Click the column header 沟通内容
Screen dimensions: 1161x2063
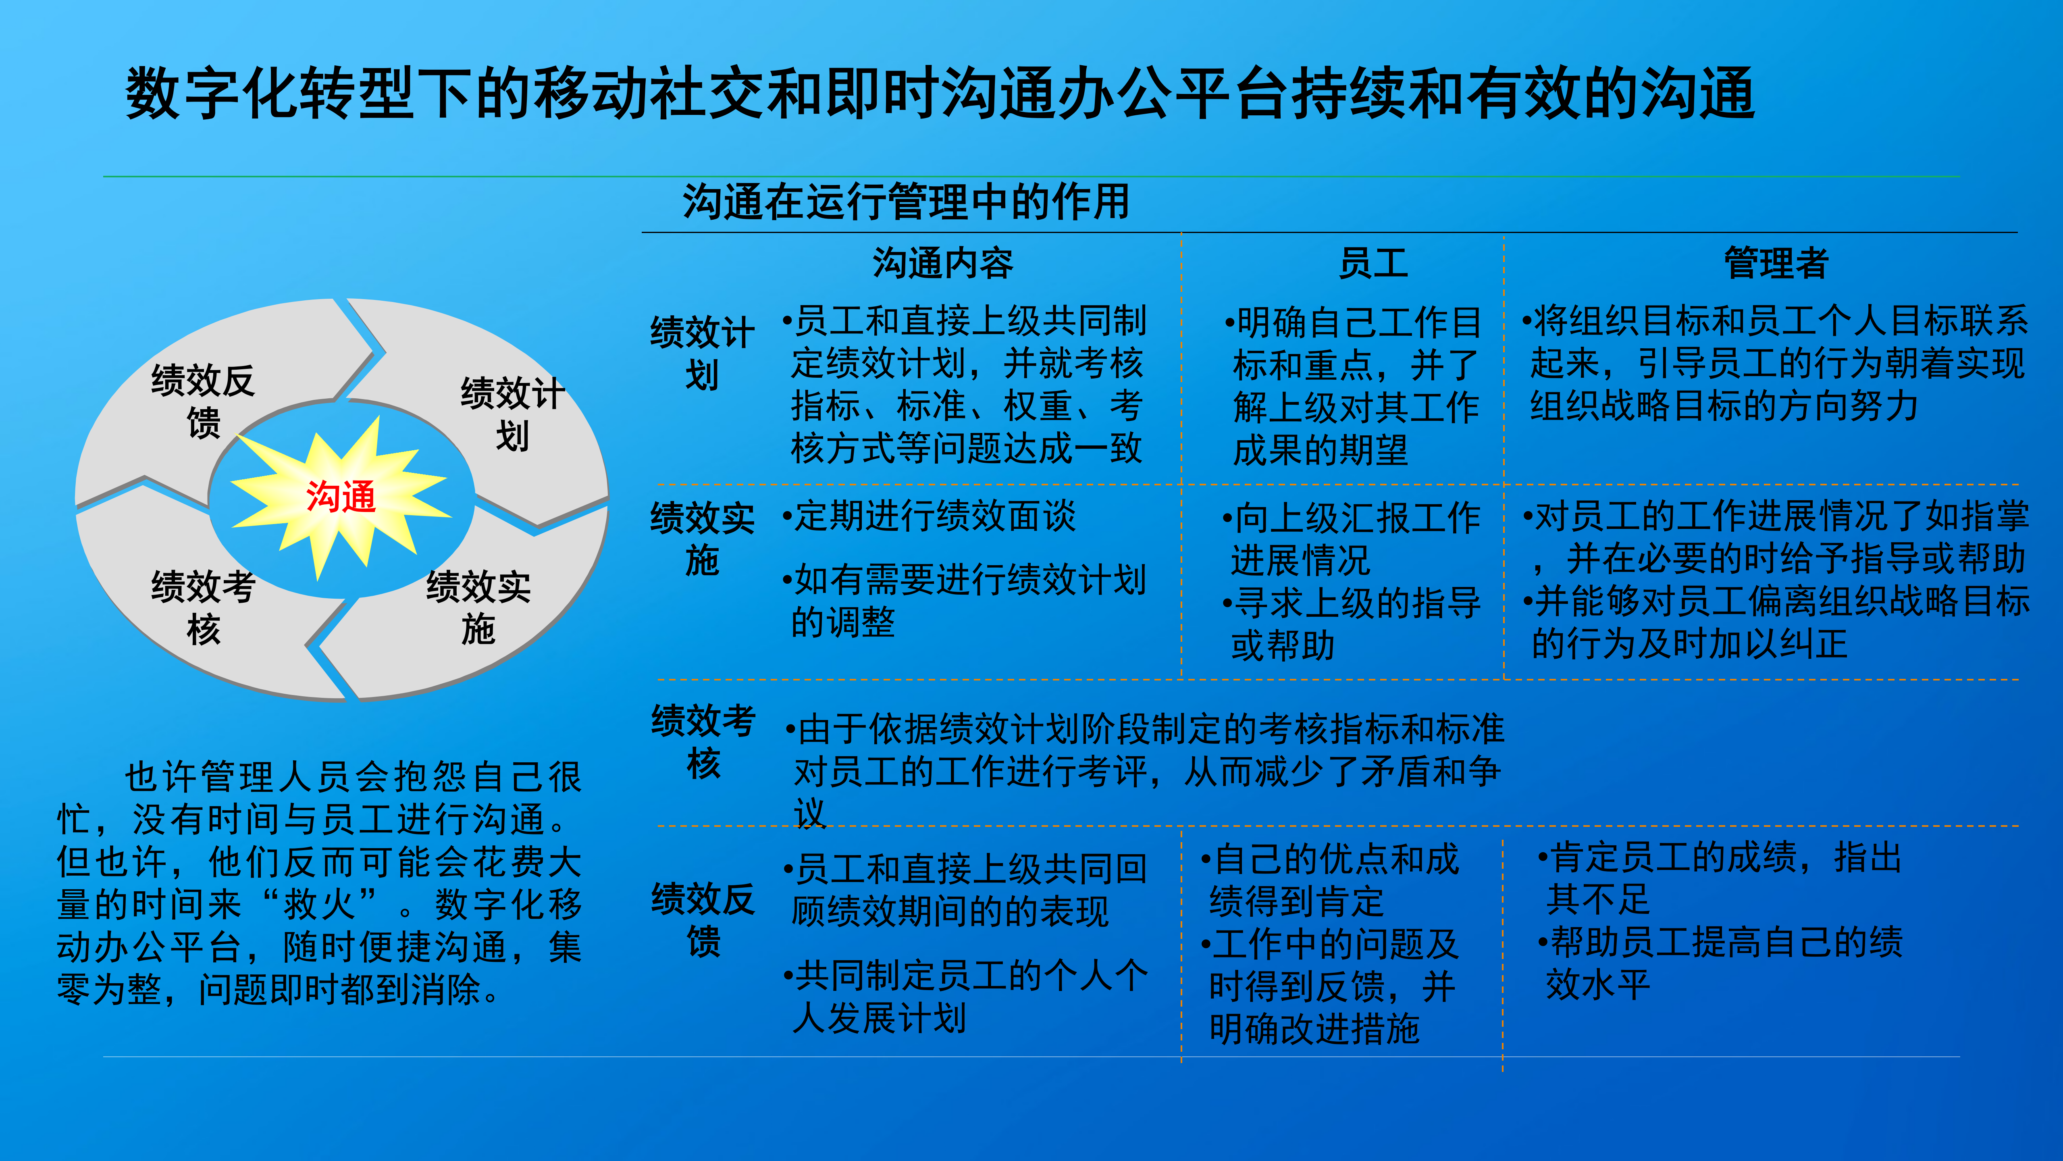pos(942,263)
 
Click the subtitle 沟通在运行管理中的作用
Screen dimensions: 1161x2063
pos(906,202)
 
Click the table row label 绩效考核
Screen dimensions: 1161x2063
pos(702,741)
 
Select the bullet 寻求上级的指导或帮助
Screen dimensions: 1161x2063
pos(1354,624)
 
